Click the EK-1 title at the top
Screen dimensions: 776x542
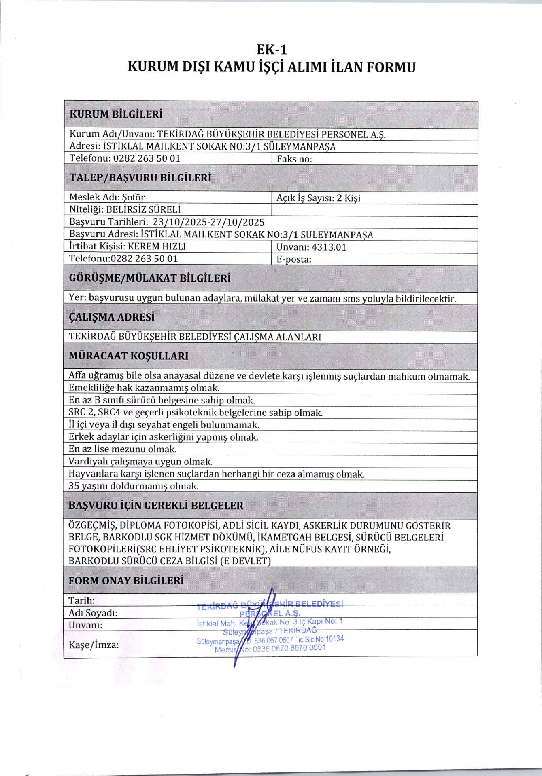coord(272,50)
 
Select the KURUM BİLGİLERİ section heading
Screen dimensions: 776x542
coord(116,114)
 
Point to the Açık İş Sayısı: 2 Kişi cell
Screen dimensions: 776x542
coord(318,198)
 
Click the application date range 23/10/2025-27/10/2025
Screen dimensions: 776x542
coord(208,222)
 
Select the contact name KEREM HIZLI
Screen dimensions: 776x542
coord(157,247)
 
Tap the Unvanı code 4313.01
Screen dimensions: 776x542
coord(329,247)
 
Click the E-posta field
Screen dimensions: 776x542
coord(294,259)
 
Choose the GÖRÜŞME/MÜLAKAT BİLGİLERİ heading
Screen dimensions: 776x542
coord(150,278)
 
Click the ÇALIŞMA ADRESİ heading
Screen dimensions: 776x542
coord(112,317)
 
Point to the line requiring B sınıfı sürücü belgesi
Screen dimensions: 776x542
coord(162,401)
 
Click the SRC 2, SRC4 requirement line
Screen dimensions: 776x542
coord(196,413)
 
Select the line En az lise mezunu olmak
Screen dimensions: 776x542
coord(122,449)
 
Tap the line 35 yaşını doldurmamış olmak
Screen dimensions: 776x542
coord(133,486)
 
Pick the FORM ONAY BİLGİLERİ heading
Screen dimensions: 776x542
coord(126,581)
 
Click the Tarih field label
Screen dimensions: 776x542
coord(82,600)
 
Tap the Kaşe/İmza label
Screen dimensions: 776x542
coord(94,645)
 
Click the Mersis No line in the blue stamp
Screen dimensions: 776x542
coord(270,648)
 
